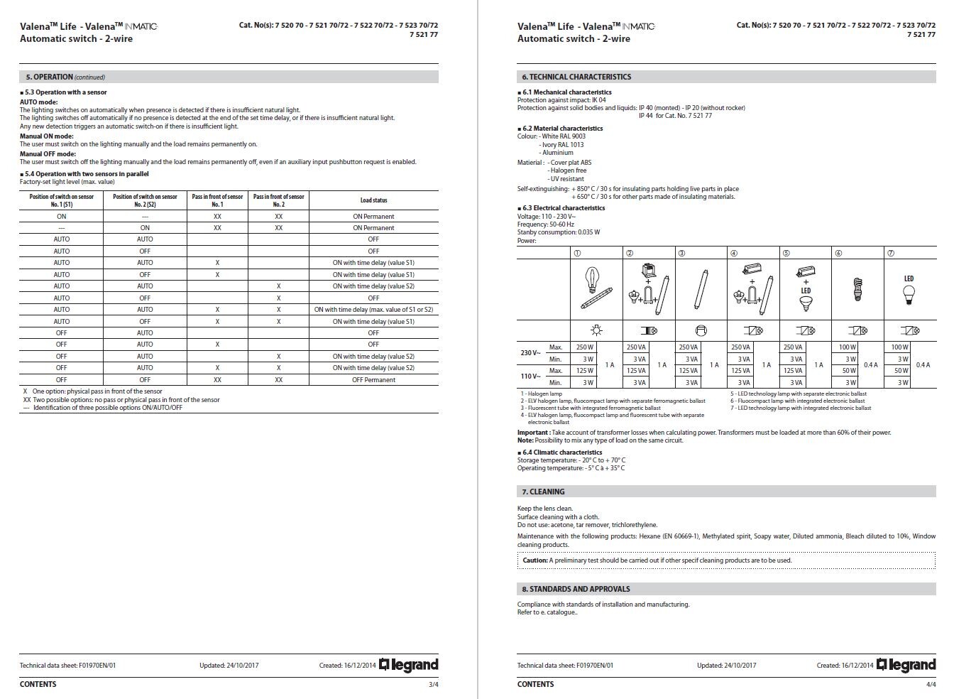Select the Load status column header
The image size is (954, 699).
[x=373, y=200]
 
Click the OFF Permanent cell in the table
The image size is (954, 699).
[x=373, y=379]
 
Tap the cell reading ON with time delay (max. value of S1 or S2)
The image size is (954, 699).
[x=373, y=310]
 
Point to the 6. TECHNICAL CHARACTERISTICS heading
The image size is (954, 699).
[x=576, y=77]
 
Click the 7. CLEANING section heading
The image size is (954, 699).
[x=543, y=492]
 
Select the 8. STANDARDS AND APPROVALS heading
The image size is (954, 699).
[x=576, y=589]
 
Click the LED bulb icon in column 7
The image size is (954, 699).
[x=909, y=291]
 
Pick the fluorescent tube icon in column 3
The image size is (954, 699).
[x=701, y=290]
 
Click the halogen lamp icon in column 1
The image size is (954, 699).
[x=596, y=288]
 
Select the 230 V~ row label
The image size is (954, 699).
[x=530, y=353]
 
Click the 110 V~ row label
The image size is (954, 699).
[x=530, y=376]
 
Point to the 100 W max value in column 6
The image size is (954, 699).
[x=847, y=347]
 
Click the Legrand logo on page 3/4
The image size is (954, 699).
[x=409, y=665]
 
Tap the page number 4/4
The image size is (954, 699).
[x=931, y=684]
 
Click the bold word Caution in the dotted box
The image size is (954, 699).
[x=534, y=560]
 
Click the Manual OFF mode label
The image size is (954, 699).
[x=48, y=153]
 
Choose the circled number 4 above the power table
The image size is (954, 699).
[x=734, y=253]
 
